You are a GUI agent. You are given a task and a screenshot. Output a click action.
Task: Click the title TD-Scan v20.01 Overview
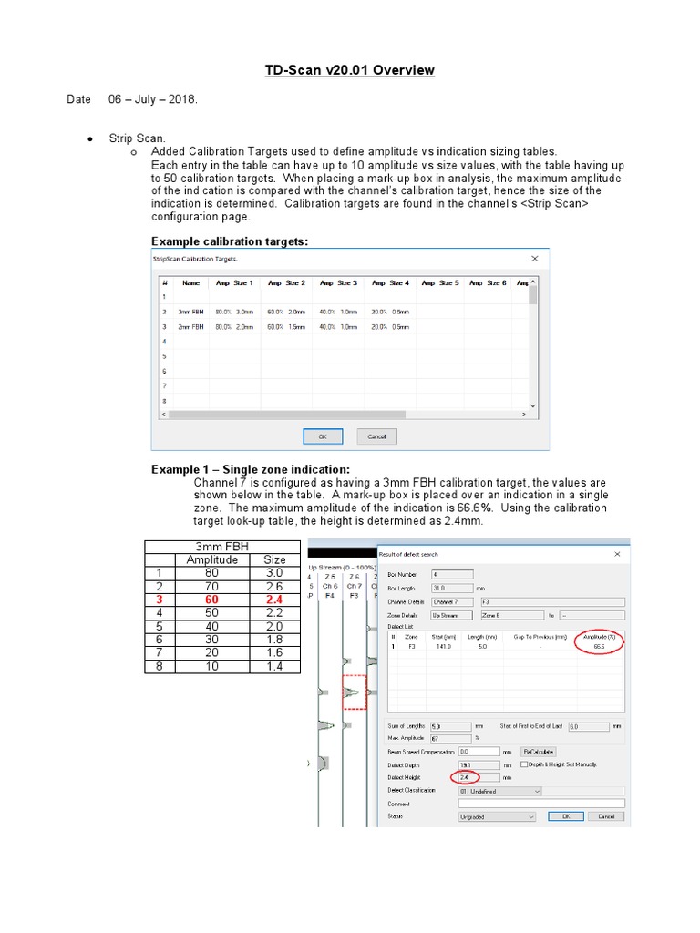(x=349, y=70)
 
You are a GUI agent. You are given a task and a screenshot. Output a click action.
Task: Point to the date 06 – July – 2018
(x=153, y=99)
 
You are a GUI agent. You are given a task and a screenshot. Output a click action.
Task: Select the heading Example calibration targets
(x=229, y=241)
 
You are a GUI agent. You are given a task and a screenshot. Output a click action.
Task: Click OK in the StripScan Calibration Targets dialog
(x=322, y=436)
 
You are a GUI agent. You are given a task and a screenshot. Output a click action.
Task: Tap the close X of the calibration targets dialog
(x=534, y=259)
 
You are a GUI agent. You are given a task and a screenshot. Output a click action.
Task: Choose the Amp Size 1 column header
(x=234, y=283)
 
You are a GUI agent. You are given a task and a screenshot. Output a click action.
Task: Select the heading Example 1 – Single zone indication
(x=250, y=468)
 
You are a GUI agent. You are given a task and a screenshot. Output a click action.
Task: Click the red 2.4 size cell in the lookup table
(x=274, y=600)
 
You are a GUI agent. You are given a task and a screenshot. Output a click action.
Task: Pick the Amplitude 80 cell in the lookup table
(x=212, y=573)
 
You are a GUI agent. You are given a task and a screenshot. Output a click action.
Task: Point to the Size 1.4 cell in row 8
(x=274, y=666)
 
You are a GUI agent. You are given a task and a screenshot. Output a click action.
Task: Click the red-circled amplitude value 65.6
(x=599, y=645)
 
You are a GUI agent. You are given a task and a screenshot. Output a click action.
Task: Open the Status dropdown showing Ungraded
(x=498, y=817)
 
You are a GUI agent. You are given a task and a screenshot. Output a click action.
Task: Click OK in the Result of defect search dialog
(x=565, y=817)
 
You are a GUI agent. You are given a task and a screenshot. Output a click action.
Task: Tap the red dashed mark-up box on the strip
(x=354, y=692)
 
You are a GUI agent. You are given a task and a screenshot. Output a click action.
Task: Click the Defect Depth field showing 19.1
(x=478, y=765)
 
